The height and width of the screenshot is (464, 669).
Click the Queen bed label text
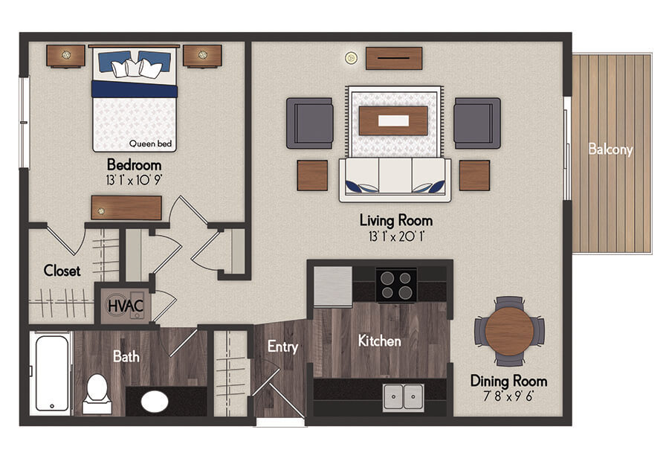(x=150, y=144)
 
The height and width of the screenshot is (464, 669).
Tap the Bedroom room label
(x=134, y=165)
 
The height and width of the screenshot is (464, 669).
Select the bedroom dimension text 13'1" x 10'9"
(x=134, y=180)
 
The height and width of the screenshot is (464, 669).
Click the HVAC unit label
(x=126, y=306)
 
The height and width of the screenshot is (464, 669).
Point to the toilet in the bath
(x=97, y=393)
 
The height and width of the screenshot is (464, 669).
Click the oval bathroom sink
(x=155, y=402)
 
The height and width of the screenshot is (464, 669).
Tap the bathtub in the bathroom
(x=52, y=373)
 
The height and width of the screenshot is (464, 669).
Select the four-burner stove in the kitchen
(x=396, y=285)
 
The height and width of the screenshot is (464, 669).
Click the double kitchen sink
(x=403, y=396)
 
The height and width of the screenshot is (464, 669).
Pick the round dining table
(x=509, y=331)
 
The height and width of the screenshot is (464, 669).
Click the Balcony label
(x=610, y=149)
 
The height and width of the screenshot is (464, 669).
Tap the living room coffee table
(x=393, y=120)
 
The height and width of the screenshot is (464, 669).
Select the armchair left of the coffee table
(x=310, y=123)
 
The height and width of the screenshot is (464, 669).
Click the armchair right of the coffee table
(x=477, y=123)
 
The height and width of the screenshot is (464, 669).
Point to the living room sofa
(x=395, y=180)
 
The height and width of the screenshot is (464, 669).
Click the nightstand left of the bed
(x=65, y=56)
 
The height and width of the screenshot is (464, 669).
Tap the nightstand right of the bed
(x=202, y=56)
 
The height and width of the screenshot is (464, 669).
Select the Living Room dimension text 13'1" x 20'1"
(x=396, y=236)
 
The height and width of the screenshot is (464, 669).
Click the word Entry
(x=282, y=347)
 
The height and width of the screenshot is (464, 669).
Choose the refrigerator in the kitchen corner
(x=333, y=286)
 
